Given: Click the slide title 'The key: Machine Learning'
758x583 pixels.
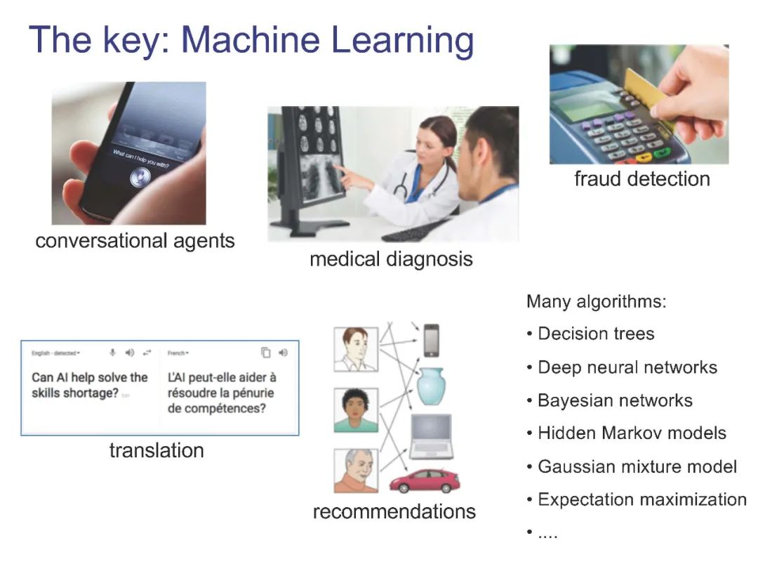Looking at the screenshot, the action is [x=251, y=40].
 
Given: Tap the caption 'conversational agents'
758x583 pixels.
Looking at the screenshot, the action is [x=135, y=241].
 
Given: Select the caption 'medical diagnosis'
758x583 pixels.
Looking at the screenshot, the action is [x=391, y=259].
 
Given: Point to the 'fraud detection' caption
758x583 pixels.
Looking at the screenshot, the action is [x=641, y=178].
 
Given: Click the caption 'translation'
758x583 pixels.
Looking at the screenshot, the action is [x=157, y=450].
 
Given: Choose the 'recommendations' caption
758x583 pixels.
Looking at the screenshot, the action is [x=394, y=511].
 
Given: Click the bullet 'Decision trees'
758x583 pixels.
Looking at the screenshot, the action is [x=595, y=334].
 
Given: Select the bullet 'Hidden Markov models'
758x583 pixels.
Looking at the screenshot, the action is [x=632, y=433].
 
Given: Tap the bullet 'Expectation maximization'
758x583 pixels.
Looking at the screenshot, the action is [x=641, y=499].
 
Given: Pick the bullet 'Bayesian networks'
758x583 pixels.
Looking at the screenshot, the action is [x=615, y=400].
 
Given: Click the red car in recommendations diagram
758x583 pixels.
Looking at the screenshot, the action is [x=424, y=481].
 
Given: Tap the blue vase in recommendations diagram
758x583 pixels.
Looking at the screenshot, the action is [x=431, y=386].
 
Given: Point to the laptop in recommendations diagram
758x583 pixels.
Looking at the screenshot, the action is [x=431, y=437].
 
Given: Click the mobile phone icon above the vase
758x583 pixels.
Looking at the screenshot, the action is [x=432, y=340].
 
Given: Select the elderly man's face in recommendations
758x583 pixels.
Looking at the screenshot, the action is [x=353, y=464].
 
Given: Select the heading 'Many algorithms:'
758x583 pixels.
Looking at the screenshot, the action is [x=596, y=302].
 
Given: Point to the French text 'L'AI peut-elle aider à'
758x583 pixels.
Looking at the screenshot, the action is [x=222, y=377].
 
